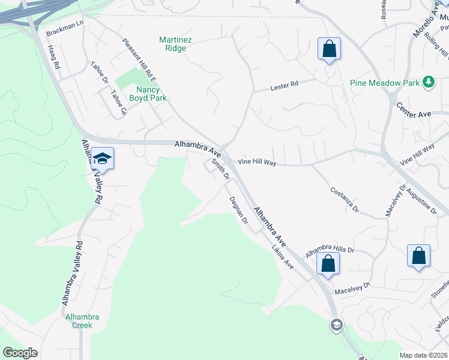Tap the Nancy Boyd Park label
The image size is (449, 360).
pyautogui.click(x=147, y=94)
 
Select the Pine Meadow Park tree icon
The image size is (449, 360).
pyautogui.click(x=428, y=82)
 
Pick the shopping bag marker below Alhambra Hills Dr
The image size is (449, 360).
pyautogui.click(x=328, y=264)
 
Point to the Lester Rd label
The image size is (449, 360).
pyautogui.click(x=286, y=86)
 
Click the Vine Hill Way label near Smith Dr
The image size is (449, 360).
pyautogui.click(x=256, y=162)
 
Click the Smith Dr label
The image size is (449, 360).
pyautogui.click(x=221, y=169)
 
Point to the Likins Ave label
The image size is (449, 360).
pyautogui.click(x=282, y=256)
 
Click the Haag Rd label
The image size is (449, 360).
pyautogui.click(x=53, y=56)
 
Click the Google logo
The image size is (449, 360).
pyautogui.click(x=20, y=353)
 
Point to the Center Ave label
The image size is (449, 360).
pyautogui.click(x=414, y=110)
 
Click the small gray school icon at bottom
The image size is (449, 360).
pyautogui.click(x=336, y=325)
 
